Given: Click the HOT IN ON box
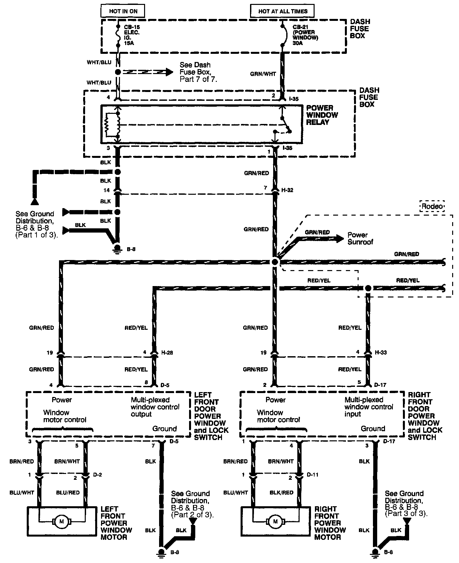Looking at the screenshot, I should point(123,11).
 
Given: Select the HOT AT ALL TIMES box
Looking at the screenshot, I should point(283,11).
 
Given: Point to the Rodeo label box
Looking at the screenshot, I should point(432,206).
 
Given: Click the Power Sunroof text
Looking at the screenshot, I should point(360,238).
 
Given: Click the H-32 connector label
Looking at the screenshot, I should point(288,190).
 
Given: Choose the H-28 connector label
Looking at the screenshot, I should point(167,353).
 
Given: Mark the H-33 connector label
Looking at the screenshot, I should point(381,353).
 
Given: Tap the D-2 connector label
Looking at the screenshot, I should point(97,475).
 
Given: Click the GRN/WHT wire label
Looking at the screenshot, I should point(263,74).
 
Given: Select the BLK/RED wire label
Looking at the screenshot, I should point(282,493).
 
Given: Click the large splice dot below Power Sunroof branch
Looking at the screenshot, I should point(275,262).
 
